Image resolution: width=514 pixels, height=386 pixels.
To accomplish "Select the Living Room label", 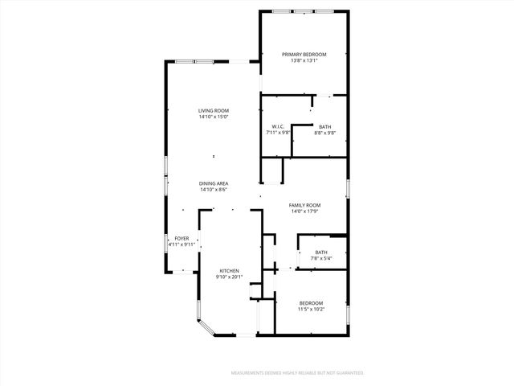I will click(214, 110).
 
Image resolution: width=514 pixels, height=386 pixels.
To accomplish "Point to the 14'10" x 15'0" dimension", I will click(214, 117).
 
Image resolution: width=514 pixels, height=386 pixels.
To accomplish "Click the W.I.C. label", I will click(278, 126).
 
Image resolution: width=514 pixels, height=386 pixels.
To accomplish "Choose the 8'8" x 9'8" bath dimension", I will click(324, 133).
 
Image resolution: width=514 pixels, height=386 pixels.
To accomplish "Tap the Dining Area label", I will click(214, 183).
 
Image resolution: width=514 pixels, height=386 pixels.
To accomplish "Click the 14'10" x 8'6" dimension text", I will click(214, 190).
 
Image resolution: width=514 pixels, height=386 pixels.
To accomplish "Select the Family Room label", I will click(304, 205).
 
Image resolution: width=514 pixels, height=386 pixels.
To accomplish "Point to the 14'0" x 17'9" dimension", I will click(304, 211).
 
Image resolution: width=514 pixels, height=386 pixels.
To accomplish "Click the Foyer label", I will click(182, 238).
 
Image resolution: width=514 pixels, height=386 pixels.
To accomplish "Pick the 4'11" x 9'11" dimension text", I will click(182, 244).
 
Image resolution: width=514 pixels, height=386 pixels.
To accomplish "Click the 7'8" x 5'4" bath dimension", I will click(320, 258).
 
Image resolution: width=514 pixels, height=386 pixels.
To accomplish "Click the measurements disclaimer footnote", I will click(297, 373).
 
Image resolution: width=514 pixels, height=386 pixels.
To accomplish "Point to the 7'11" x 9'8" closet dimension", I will click(278, 133).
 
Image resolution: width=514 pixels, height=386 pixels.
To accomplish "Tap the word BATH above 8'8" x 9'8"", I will click(324, 126).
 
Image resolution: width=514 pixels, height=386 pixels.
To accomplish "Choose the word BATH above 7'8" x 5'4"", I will click(320, 252).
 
